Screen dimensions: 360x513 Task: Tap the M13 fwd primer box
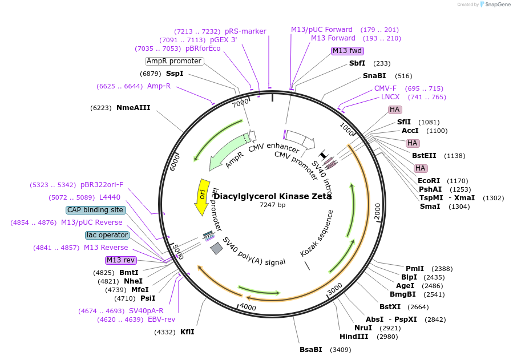[348, 51]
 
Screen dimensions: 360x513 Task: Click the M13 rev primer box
[122, 260]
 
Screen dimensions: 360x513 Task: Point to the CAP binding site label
[95, 210]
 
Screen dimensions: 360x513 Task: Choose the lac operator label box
[107, 235]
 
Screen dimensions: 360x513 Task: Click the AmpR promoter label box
[174, 61]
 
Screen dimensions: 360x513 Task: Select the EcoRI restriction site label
[429, 181]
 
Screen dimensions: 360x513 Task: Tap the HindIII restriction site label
[354, 336]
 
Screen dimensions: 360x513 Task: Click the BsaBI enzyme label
[311, 349]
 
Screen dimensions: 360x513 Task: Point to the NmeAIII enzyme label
[134, 107]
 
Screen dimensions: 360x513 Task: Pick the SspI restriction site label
[175, 74]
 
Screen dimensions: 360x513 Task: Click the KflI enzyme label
[187, 331]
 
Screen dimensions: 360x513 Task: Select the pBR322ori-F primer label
[102, 185]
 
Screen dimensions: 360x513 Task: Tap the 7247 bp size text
[273, 205]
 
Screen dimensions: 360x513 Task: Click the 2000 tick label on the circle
[377, 211]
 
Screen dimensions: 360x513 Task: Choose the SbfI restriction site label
[357, 63]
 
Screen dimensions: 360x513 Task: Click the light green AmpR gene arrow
[228, 152]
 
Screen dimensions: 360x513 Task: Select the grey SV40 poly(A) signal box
[216, 248]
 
